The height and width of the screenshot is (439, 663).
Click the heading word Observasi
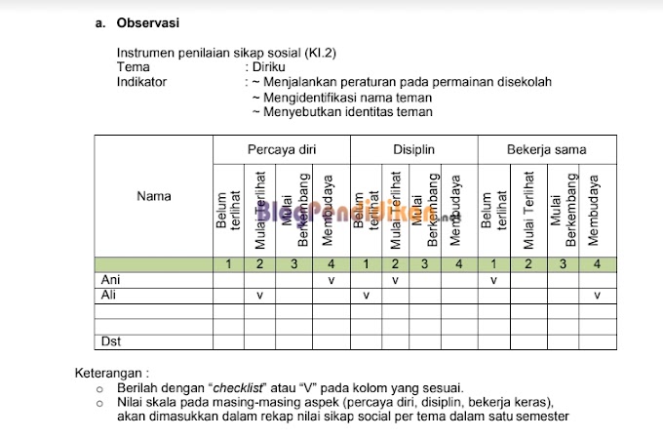[147, 21]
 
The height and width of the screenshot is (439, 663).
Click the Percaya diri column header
[282, 149]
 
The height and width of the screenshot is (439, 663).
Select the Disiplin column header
[413, 149]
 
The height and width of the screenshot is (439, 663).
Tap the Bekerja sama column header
[546, 149]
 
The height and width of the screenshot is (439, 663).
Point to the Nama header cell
[154, 196]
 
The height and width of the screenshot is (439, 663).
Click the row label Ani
[110, 280]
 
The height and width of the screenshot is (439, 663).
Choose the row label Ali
[109, 295]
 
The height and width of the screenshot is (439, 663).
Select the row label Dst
[111, 340]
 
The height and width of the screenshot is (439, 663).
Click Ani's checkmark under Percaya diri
[331, 280]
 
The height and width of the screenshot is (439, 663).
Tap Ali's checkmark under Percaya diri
[259, 295]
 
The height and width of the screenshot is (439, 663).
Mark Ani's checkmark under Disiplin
[395, 280]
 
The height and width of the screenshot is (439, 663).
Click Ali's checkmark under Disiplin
[366, 295]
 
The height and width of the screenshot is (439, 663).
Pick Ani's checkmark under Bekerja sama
[494, 280]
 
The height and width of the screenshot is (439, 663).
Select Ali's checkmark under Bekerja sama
[597, 295]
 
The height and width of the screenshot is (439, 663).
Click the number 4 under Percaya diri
[331, 264]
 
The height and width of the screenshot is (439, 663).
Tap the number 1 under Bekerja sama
[494, 264]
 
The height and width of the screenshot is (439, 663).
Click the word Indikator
[142, 82]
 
